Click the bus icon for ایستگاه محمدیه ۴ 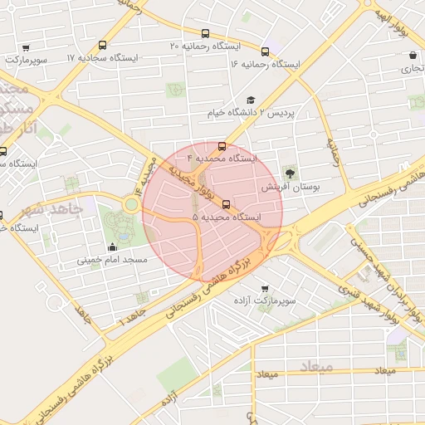click(x=222, y=144)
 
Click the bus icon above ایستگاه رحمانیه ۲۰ click(x=102, y=46)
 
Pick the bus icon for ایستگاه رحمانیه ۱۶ click(x=265, y=51)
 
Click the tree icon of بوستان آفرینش click(x=291, y=173)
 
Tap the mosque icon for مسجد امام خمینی click(x=113, y=247)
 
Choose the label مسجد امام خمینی click(x=113, y=260)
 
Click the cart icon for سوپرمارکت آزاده click(x=264, y=289)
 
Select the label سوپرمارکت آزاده click(x=284, y=298)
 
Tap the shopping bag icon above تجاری click(x=413, y=56)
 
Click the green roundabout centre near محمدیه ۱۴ click(x=132, y=203)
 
